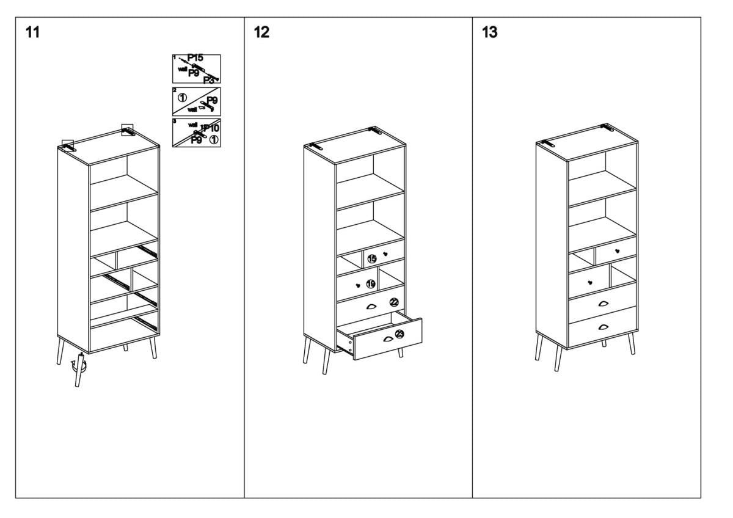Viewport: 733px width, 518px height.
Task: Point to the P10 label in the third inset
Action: pyautogui.click(x=211, y=128)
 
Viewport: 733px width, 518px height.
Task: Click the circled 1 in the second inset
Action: pyautogui.click(x=182, y=96)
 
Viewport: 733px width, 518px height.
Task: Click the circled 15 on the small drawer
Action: pyautogui.click(x=371, y=259)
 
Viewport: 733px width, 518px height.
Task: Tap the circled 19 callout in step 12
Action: pyautogui.click(x=371, y=283)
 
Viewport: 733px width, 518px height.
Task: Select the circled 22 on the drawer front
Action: pyautogui.click(x=394, y=302)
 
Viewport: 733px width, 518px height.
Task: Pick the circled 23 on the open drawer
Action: pyautogui.click(x=399, y=334)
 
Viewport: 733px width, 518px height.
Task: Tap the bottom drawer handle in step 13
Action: pyautogui.click(x=604, y=328)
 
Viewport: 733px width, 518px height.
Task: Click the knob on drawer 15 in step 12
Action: pyautogui.click(x=385, y=254)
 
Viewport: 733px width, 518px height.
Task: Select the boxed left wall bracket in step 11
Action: pyautogui.click(x=68, y=145)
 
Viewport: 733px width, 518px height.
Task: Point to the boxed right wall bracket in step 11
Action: pyautogui.click(x=128, y=129)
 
